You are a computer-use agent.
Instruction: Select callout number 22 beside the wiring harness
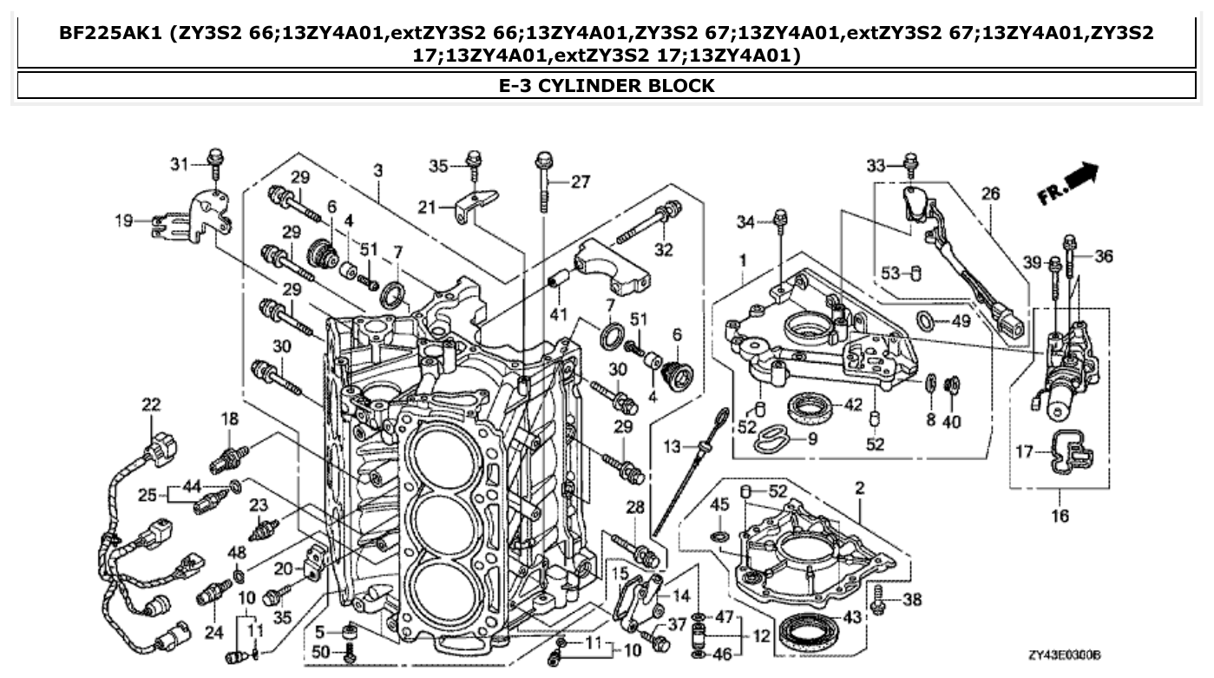pos(151,404)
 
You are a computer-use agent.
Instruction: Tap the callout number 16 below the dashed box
pos(1060,516)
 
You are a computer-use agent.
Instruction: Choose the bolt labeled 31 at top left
pos(214,161)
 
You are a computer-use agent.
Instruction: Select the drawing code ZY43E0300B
pos(1063,655)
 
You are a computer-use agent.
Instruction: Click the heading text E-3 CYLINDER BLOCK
pos(607,85)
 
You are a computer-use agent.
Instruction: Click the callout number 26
pos(990,194)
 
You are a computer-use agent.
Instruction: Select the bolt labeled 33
pos(910,162)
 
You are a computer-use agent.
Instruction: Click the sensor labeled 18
pos(230,457)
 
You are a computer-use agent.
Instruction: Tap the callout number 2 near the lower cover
pos(858,489)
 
